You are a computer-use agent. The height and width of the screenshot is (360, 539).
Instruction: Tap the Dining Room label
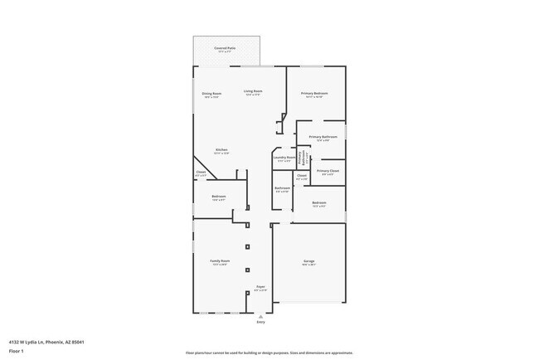point(211,94)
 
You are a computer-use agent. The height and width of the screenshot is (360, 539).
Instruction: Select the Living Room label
point(253,91)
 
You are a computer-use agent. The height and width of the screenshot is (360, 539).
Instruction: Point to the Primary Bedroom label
point(314,94)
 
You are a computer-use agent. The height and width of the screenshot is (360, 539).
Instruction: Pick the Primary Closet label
point(327,171)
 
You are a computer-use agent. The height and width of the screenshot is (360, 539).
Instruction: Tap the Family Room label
point(220,261)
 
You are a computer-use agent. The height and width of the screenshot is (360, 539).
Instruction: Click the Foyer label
point(260,286)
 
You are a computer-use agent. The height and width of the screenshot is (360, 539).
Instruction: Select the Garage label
point(308,261)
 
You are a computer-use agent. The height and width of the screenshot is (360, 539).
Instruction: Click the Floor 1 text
point(17,351)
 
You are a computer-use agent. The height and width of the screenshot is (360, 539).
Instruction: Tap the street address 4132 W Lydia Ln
point(28,342)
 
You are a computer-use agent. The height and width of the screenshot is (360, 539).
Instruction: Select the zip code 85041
point(78,342)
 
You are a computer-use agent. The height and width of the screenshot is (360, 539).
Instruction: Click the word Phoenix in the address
point(56,342)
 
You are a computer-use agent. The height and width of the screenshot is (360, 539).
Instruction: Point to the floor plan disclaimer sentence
point(269,353)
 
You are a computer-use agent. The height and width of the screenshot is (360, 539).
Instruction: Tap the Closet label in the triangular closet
point(201,173)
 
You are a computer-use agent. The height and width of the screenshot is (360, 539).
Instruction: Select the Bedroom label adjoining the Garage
point(318,202)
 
